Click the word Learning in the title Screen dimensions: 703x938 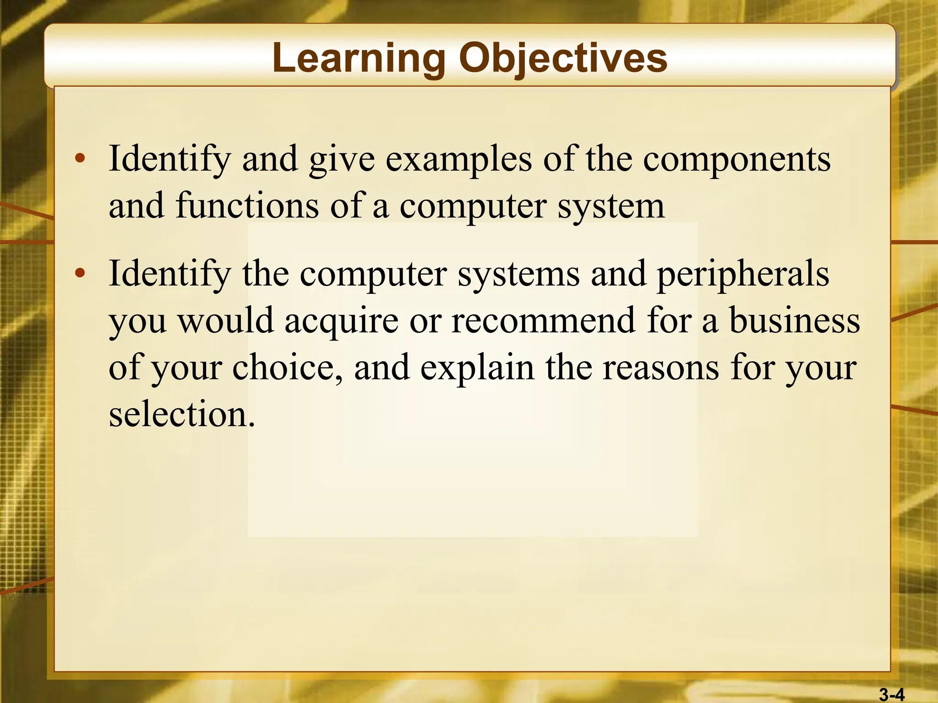pos(358,58)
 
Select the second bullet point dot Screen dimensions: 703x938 pos(80,274)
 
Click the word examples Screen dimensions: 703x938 pos(458,160)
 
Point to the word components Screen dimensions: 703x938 pos(736,160)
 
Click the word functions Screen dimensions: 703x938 pos(247,205)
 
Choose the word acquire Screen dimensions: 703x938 pos(341,321)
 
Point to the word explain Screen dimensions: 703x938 pos(477,368)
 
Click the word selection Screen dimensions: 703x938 pos(181,414)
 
